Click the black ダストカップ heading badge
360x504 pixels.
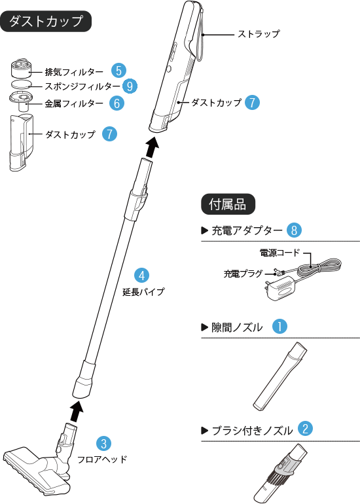pos(46,21)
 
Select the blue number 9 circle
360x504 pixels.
pos(131,86)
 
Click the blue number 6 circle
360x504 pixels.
pos(116,103)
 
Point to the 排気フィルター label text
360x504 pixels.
pos(74,71)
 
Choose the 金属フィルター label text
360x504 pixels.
pos(74,103)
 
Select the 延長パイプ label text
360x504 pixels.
pos(143,291)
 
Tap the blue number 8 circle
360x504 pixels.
pos(295,230)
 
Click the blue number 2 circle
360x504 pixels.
pos(304,429)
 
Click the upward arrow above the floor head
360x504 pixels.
pos(77,411)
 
